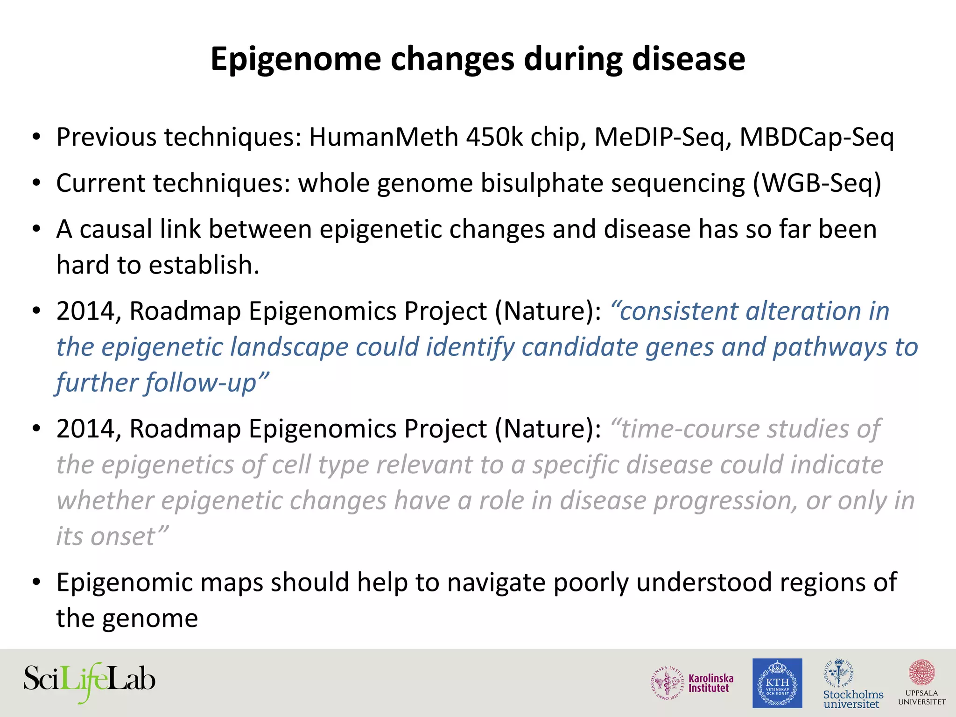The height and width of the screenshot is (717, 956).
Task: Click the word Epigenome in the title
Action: [295, 59]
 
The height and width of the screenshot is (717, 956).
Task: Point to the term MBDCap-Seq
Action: [817, 137]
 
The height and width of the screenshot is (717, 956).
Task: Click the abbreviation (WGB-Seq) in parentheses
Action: [817, 183]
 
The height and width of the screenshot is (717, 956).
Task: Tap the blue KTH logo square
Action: [777, 683]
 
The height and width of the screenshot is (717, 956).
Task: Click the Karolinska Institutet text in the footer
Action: [710, 683]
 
